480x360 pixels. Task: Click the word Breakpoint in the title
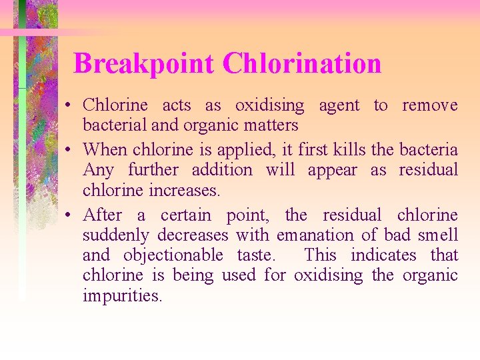144,64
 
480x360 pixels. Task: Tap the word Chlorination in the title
302,64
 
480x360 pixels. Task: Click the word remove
429,105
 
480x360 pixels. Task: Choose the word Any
97,171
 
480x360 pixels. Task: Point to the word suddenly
116,235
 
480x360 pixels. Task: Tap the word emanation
317,235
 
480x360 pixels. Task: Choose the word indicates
383,255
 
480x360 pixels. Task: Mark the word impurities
123,295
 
